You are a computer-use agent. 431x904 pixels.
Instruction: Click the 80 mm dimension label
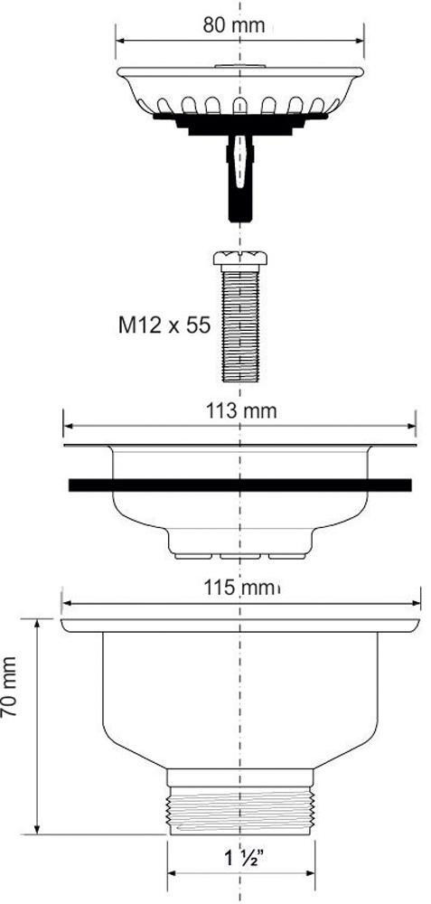coord(234,24)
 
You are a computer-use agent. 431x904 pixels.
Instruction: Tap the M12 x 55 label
coord(164,325)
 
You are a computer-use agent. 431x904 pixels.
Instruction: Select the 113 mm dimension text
coord(241,411)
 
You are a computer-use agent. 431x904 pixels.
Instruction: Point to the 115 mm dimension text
coord(241,589)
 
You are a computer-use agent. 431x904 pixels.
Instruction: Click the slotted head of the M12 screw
coord(240,258)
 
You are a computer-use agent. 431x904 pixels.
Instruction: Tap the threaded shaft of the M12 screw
coord(240,323)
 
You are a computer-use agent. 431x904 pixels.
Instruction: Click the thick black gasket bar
coord(239,485)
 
